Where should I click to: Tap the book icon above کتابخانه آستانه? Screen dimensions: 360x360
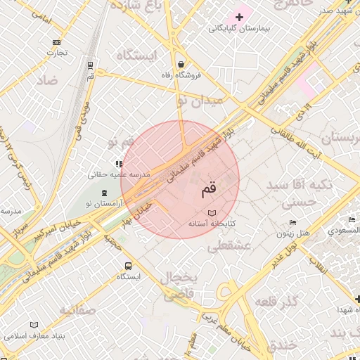[212, 212]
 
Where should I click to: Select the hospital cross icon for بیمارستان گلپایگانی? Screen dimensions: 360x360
[239, 16]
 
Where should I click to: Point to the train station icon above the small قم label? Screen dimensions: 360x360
[91, 65]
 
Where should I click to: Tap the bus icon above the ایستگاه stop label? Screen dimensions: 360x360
[128, 266]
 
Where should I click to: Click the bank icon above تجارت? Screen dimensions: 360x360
[56, 41]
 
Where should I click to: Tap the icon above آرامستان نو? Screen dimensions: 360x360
[104, 193]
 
